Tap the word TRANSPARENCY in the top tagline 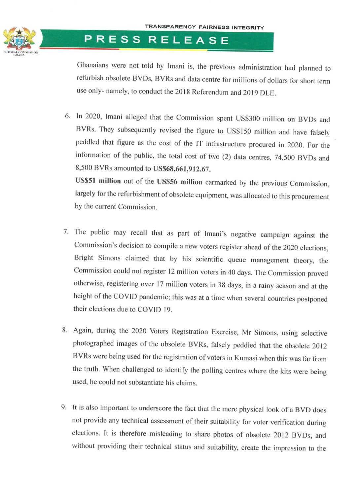170,27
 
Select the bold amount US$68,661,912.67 182,169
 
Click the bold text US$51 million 98,181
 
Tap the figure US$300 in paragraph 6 248,119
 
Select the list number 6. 67,116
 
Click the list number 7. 66,231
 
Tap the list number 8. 65,330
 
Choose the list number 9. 64,407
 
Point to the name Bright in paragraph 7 84,258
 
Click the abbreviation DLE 268,93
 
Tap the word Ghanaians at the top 92,65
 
